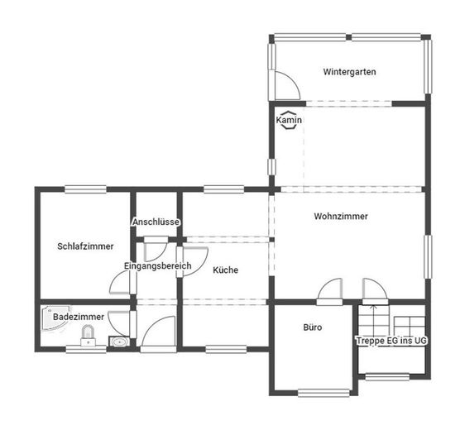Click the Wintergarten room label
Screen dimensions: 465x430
pyautogui.click(x=349, y=72)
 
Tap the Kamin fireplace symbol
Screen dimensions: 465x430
pyautogui.click(x=289, y=120)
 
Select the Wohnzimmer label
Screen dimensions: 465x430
pyautogui.click(x=341, y=217)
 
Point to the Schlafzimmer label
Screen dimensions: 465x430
pyautogui.click(x=85, y=246)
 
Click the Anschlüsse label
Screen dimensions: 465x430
pyautogui.click(x=156, y=222)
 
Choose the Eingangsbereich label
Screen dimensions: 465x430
pyautogui.click(x=157, y=265)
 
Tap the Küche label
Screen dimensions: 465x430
pyautogui.click(x=225, y=270)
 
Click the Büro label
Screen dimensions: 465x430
pyautogui.click(x=313, y=327)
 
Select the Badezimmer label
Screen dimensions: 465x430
pyautogui.click(x=79, y=317)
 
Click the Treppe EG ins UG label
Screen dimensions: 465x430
pyautogui.click(x=391, y=341)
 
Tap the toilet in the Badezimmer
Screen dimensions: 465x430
pyautogui.click(x=88, y=336)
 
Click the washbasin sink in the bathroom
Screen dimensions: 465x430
pyautogui.click(x=119, y=342)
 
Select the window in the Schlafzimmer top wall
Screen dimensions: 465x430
pyautogui.click(x=85, y=189)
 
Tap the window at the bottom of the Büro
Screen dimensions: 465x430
pyautogui.click(x=324, y=393)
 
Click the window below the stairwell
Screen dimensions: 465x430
pyautogui.click(x=387, y=376)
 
